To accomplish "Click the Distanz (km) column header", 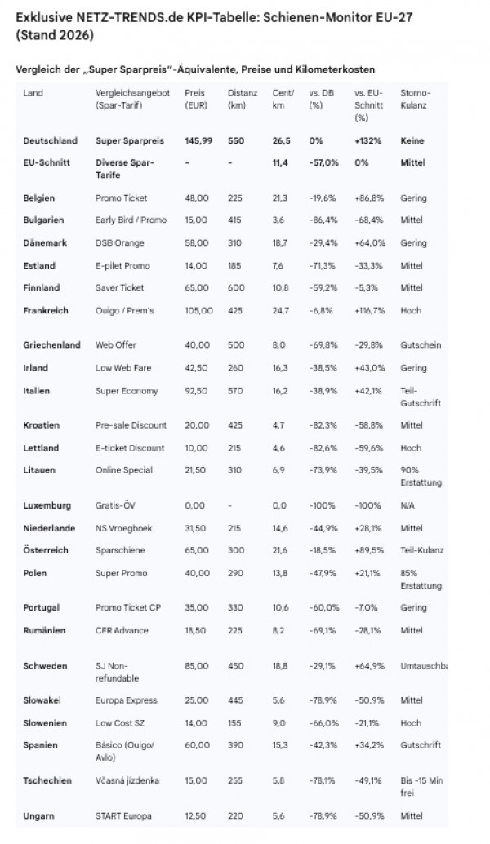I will pyautogui.click(x=243, y=100).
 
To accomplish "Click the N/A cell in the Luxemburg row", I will pyautogui.click(x=408, y=506).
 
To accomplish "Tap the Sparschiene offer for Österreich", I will pyautogui.click(x=119, y=551).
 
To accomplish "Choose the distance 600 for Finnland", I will pyautogui.click(x=237, y=288).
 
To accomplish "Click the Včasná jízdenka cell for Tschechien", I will pyautogui.click(x=127, y=780).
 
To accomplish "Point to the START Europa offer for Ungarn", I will pyautogui.click(x=124, y=816).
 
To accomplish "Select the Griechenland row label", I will pyautogui.click(x=52, y=345).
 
